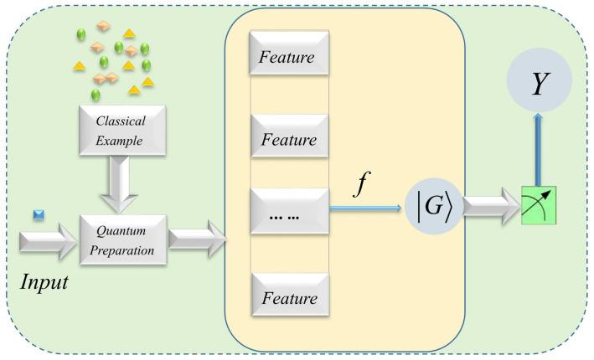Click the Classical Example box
coord(122,131)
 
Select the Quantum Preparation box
coord(123,240)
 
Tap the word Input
coord(44,282)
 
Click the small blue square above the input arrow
coord(39,215)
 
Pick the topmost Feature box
coord(289,53)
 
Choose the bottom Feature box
coord(291,295)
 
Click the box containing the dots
coord(289,211)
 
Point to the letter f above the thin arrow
coord(361,183)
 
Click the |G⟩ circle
coord(434,206)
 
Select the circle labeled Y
coord(539,80)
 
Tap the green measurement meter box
coord(539,206)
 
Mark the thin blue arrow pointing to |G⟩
coord(365,208)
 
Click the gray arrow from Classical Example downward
coord(119,184)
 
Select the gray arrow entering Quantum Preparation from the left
coord(48,241)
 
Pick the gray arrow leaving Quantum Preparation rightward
coord(197,239)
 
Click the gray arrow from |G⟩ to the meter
coord(492,207)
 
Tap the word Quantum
coord(121,231)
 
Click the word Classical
coord(121,121)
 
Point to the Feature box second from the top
coord(290,136)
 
